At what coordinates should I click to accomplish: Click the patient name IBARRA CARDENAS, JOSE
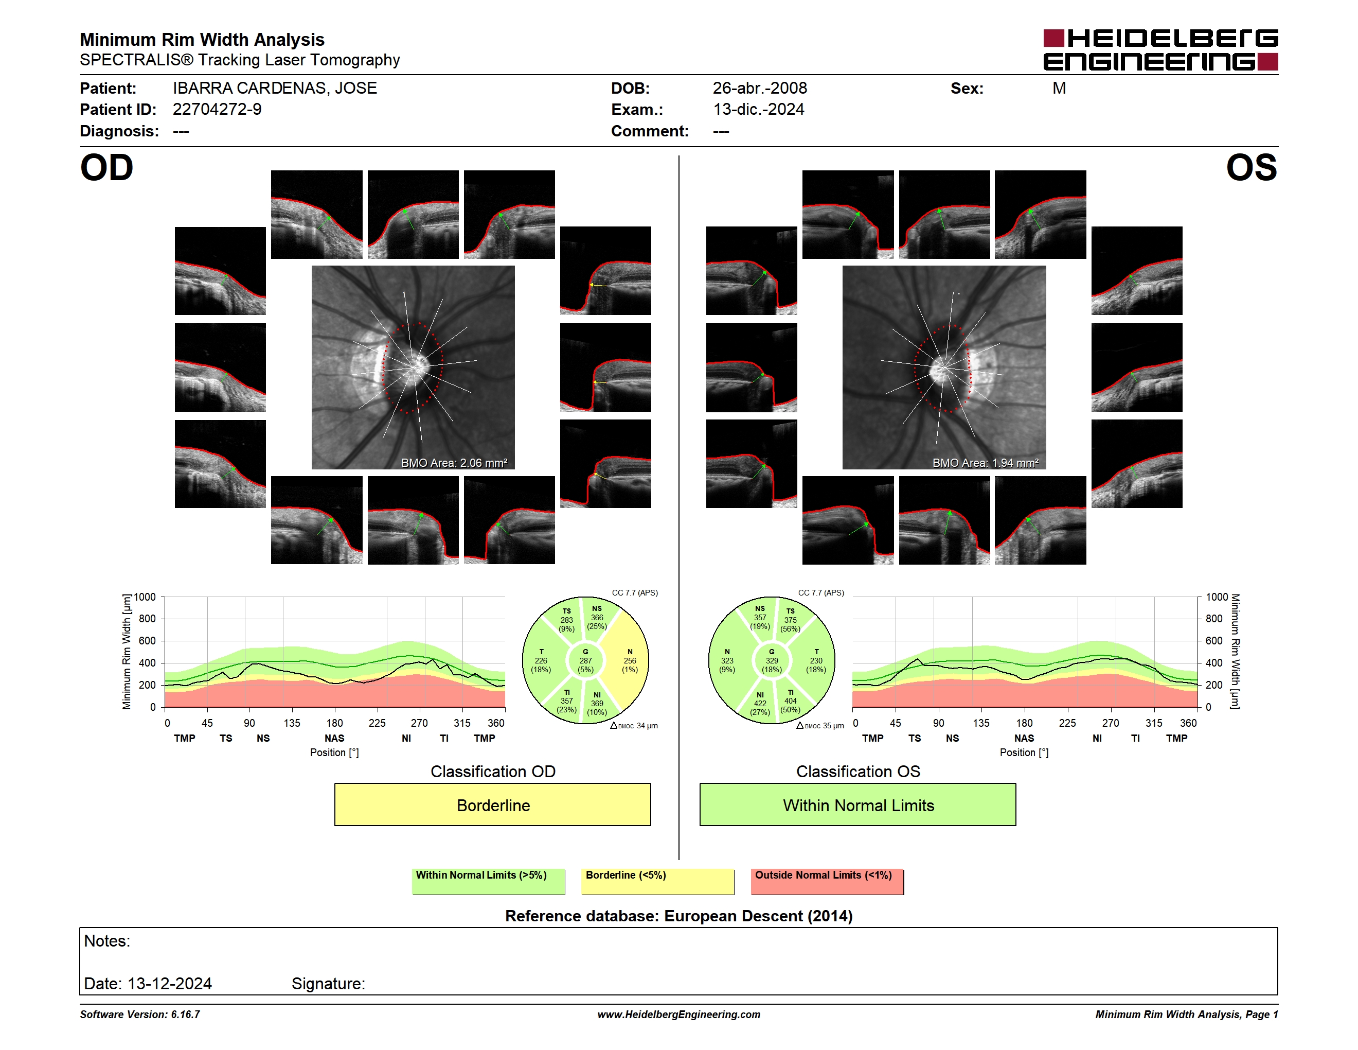[275, 89]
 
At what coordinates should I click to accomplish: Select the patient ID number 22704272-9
[217, 110]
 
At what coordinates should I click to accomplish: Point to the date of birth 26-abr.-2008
[760, 89]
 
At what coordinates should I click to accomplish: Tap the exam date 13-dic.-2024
[759, 110]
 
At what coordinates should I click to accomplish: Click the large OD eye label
[106, 168]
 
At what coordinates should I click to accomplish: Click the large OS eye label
[1251, 168]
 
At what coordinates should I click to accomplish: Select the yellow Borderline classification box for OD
[492, 804]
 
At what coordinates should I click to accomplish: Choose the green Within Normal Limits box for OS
[858, 804]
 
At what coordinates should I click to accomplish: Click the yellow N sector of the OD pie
[628, 660]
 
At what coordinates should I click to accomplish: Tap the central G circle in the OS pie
[772, 660]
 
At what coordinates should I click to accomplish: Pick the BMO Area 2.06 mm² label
[454, 463]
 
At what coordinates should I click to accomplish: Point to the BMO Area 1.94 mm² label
[986, 463]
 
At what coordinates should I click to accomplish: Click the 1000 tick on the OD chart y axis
[145, 597]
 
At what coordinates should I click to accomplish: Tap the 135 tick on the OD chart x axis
[292, 723]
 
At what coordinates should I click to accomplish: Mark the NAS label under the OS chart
[1024, 739]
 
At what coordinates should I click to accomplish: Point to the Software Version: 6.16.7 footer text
[140, 1014]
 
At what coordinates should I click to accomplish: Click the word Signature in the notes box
[328, 984]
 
